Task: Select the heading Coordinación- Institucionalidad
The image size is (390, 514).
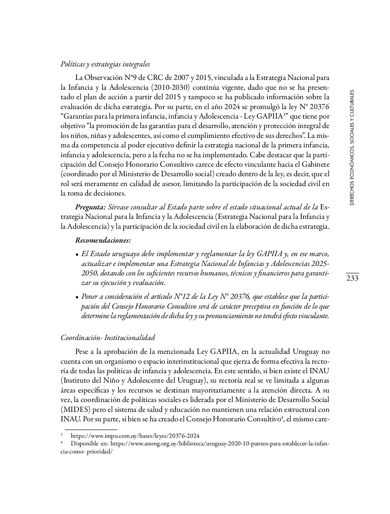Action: (108, 337)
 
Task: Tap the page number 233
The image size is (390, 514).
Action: (352, 279)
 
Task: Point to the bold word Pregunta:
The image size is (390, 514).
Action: (90, 207)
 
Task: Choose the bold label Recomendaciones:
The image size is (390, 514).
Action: (103, 240)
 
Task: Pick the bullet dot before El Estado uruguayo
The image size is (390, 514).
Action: (77, 254)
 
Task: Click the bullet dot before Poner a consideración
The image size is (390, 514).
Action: (77, 297)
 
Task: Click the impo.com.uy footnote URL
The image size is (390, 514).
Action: (135, 436)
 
